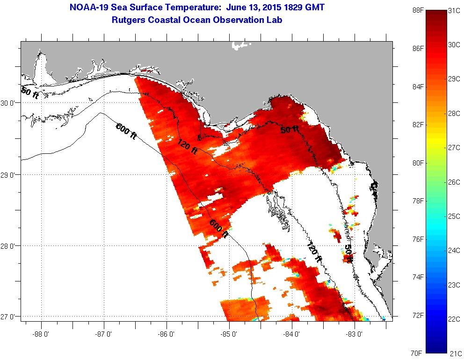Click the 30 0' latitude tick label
point(9,103)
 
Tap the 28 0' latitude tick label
point(9,246)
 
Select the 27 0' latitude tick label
point(9,317)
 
